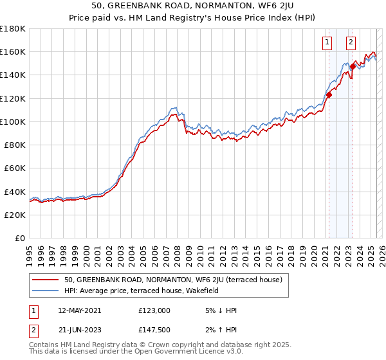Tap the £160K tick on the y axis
click(x=13, y=51)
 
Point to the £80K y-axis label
click(x=15, y=145)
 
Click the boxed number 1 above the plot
click(x=327, y=43)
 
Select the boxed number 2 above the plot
click(x=351, y=43)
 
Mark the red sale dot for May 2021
click(x=329, y=94)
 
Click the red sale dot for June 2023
click(x=353, y=66)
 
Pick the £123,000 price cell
click(x=154, y=310)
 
